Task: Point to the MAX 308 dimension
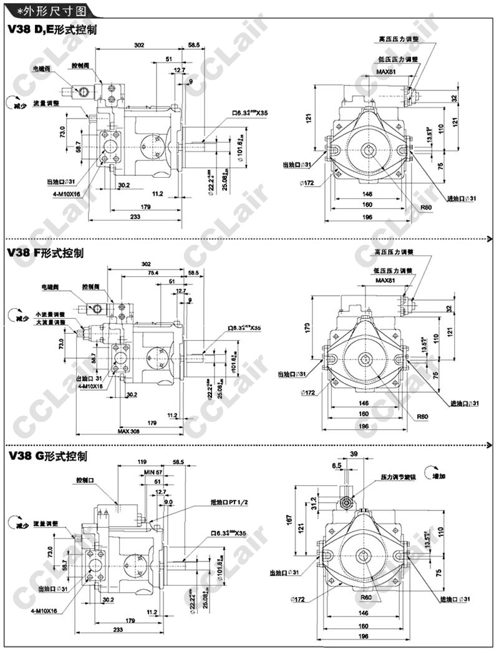[129, 431]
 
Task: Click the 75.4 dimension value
[153, 273]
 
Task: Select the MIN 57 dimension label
[153, 472]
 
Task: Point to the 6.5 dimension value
[337, 465]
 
